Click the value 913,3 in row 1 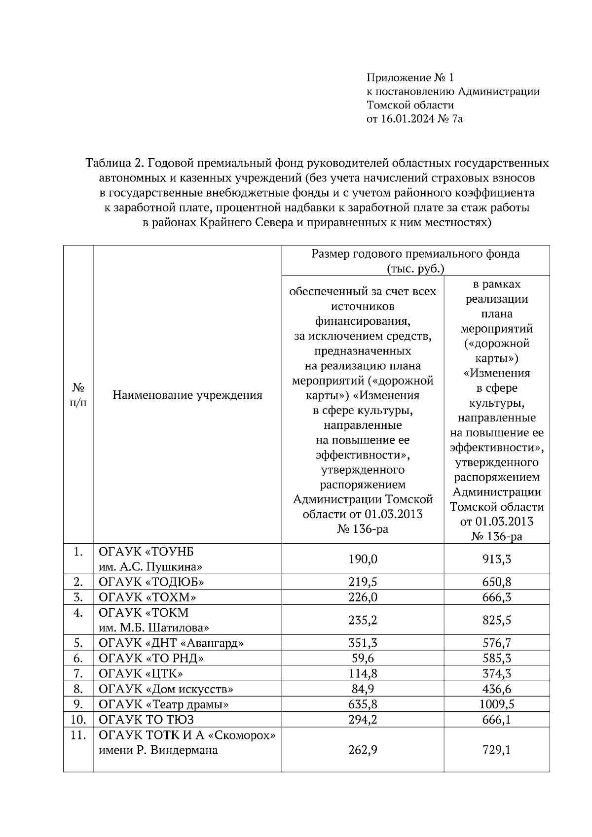496,559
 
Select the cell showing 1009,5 496,704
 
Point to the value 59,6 363,658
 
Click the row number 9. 78,704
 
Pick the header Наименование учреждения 187,395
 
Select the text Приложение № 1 409,77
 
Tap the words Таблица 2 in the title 114,163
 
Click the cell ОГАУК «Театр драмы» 164,704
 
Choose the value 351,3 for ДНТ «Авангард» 363,643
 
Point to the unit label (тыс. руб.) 415,269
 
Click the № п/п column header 78,395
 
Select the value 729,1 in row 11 496,750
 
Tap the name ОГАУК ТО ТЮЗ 146,719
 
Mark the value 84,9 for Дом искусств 363,689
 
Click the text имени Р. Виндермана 158,751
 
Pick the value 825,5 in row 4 496,620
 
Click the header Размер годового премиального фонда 415,254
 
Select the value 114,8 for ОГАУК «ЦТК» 363,673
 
